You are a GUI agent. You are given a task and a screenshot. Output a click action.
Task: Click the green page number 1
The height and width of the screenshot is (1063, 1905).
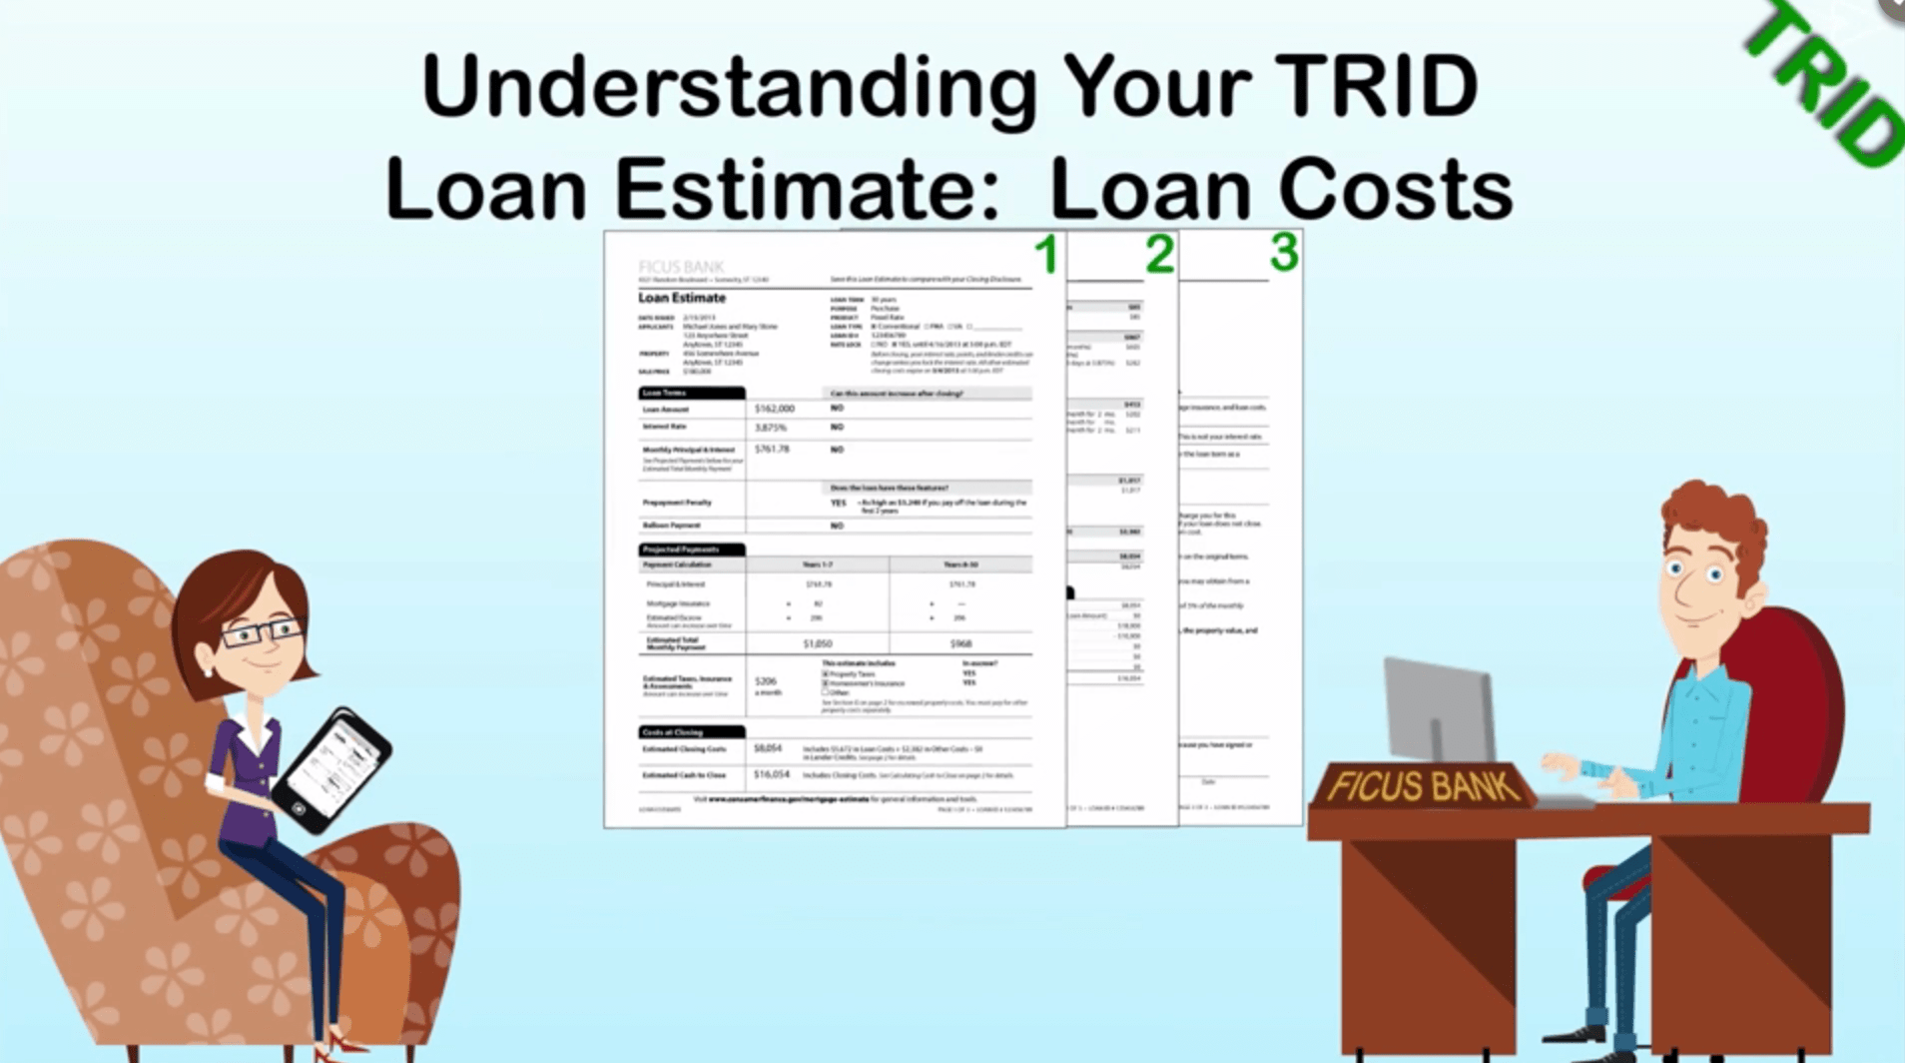click(1045, 255)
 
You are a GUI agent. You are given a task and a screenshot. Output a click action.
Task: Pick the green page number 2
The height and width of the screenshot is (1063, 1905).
click(1159, 255)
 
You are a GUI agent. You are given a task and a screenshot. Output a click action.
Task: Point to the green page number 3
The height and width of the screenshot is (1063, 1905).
click(1284, 252)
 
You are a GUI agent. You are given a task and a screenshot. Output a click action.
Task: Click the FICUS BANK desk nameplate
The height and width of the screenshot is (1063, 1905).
click(1422, 786)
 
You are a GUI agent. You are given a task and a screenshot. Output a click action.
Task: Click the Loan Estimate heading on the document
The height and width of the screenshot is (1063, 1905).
click(682, 298)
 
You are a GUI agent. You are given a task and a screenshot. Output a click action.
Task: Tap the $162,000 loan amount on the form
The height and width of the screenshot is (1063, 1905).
click(774, 409)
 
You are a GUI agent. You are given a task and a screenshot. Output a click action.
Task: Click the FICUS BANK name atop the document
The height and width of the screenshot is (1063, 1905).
click(681, 267)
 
